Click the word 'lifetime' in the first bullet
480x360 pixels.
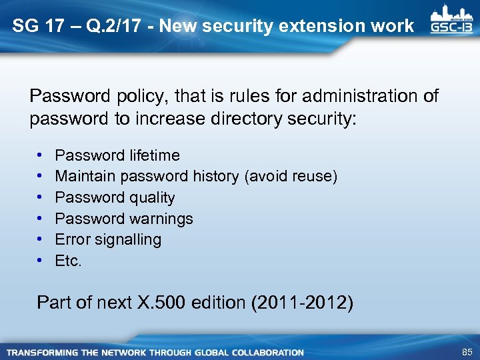(154, 155)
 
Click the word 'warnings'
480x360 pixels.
(161, 219)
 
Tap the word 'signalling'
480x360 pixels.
(131, 239)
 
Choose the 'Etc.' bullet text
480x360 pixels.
(68, 261)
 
